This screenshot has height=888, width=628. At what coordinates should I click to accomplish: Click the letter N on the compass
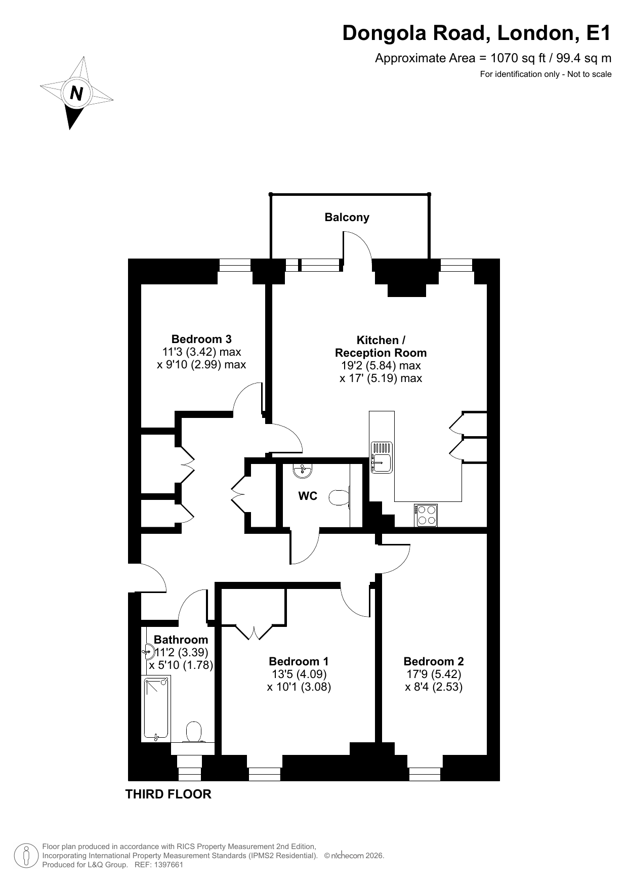pyautogui.click(x=76, y=93)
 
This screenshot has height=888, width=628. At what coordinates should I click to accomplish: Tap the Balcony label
pyautogui.click(x=347, y=217)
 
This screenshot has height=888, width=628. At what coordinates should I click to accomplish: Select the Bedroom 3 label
pyautogui.click(x=201, y=339)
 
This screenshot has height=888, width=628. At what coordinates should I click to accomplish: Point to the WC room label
pyautogui.click(x=308, y=496)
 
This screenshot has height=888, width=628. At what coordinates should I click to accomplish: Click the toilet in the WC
pyautogui.click(x=340, y=497)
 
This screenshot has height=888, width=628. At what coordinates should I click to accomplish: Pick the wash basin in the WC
pyautogui.click(x=303, y=471)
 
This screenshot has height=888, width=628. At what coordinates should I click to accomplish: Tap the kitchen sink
pyautogui.click(x=382, y=457)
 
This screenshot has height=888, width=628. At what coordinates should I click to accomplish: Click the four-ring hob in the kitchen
pyautogui.click(x=426, y=515)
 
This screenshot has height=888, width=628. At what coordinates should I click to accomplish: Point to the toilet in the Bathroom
pyautogui.click(x=194, y=732)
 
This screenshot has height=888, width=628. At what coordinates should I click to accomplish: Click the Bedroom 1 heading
pyautogui.click(x=299, y=661)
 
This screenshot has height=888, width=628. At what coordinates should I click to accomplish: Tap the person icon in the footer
pyautogui.click(x=27, y=855)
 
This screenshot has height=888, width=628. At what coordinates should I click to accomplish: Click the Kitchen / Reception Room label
pyautogui.click(x=381, y=347)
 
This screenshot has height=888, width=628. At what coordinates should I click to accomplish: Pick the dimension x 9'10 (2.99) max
pyautogui.click(x=201, y=364)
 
